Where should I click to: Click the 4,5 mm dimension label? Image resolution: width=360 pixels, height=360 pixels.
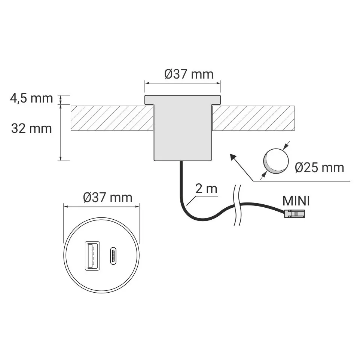(x=31, y=98)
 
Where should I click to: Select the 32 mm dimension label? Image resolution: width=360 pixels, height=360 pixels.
(x=31, y=128)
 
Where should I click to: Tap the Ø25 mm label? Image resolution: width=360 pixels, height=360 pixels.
(x=319, y=167)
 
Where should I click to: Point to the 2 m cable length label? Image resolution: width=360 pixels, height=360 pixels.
(x=206, y=189)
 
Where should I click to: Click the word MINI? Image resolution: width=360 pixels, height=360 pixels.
(x=296, y=201)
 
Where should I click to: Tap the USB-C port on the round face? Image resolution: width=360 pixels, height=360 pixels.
(x=113, y=256)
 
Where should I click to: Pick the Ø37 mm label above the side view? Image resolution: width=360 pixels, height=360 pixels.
(x=189, y=74)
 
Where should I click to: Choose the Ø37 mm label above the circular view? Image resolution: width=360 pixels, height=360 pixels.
(x=108, y=197)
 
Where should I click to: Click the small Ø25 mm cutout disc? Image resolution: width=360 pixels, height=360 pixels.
(x=276, y=161)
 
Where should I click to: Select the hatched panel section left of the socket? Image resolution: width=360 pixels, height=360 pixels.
(x=112, y=118)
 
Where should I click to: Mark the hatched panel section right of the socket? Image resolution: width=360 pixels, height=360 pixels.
(x=254, y=118)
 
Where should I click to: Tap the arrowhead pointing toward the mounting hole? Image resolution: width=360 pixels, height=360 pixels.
(x=233, y=156)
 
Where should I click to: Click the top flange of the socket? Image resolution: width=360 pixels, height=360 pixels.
(x=183, y=100)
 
